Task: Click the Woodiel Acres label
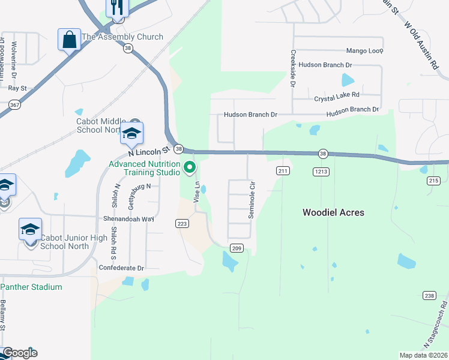(x=333, y=212)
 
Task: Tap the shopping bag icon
(x=70, y=40)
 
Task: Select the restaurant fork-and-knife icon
(x=117, y=8)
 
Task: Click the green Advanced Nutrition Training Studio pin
(x=190, y=167)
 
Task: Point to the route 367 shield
(x=13, y=104)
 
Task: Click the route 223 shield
(x=182, y=223)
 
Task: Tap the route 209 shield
(x=237, y=247)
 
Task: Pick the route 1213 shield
(x=321, y=171)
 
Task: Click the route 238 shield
(x=429, y=295)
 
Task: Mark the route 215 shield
(x=434, y=180)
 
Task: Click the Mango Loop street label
(x=364, y=51)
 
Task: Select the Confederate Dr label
(x=121, y=268)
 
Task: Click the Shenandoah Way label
(x=129, y=219)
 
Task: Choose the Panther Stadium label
(x=35, y=287)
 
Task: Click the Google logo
(x=19, y=353)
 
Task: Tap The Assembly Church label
(x=122, y=37)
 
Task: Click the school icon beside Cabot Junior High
(x=30, y=229)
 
